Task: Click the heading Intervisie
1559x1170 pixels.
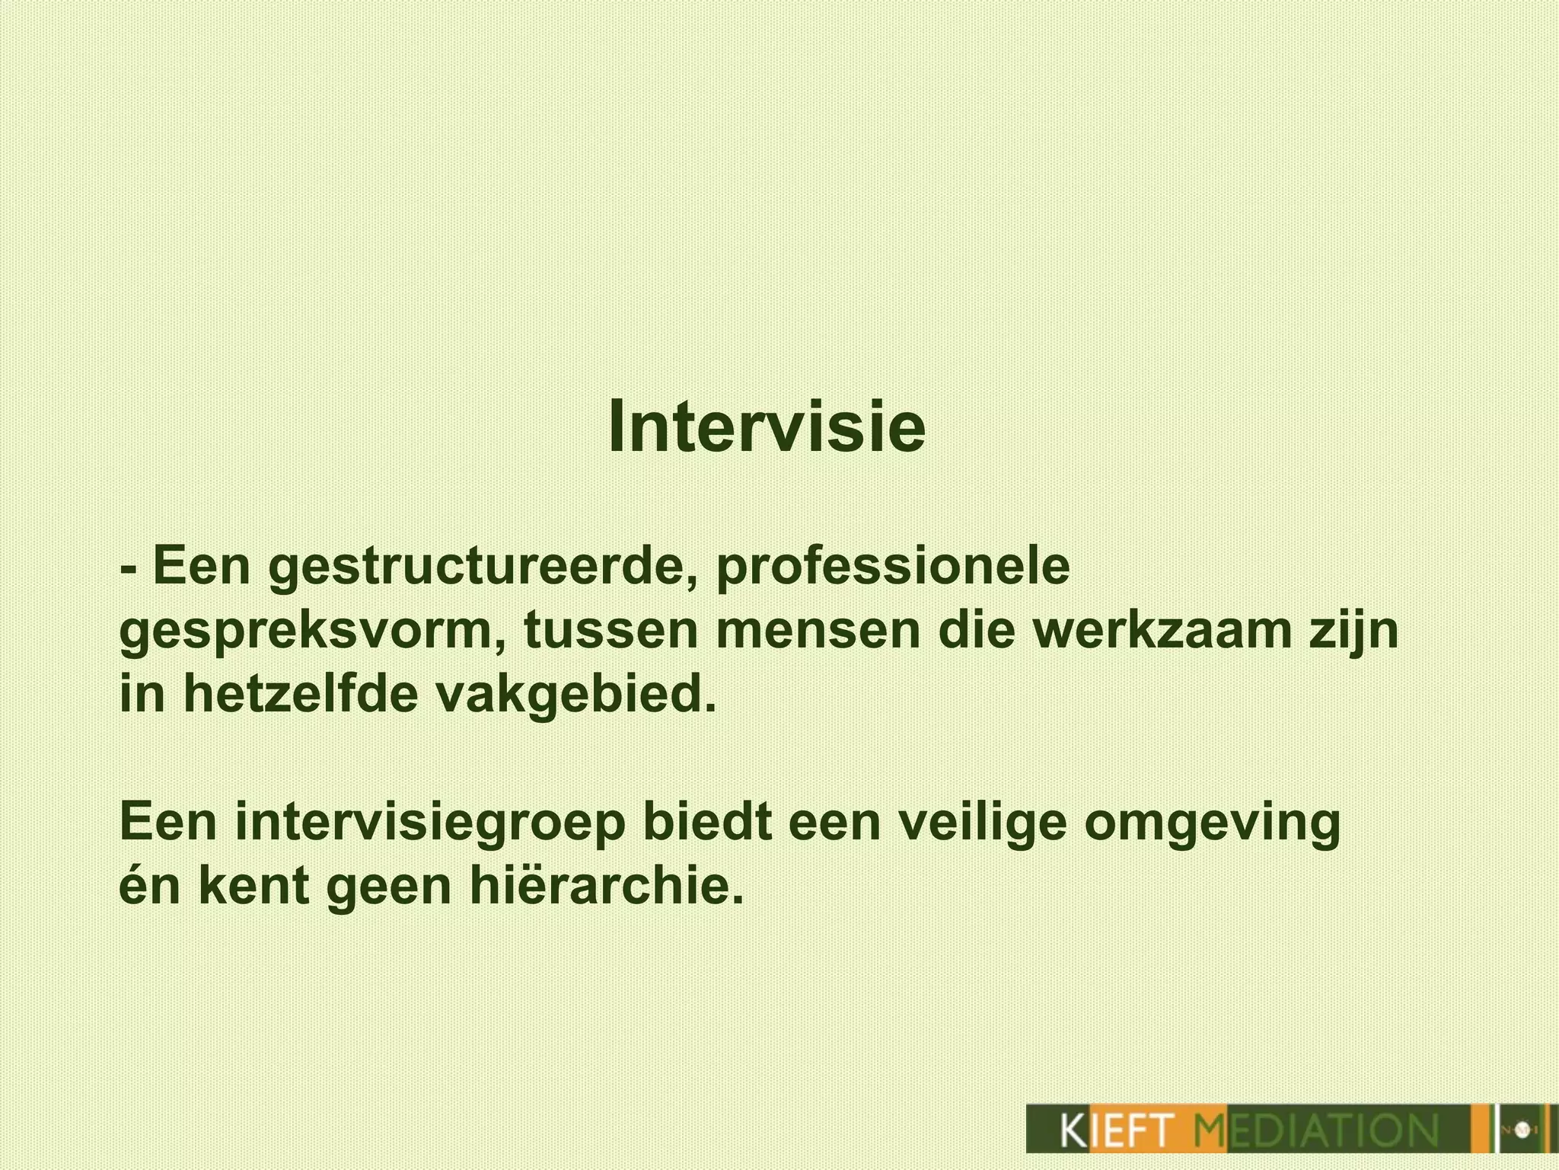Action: tap(767, 427)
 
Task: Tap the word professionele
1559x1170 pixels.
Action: tap(892, 569)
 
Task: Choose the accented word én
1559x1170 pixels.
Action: tap(151, 886)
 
